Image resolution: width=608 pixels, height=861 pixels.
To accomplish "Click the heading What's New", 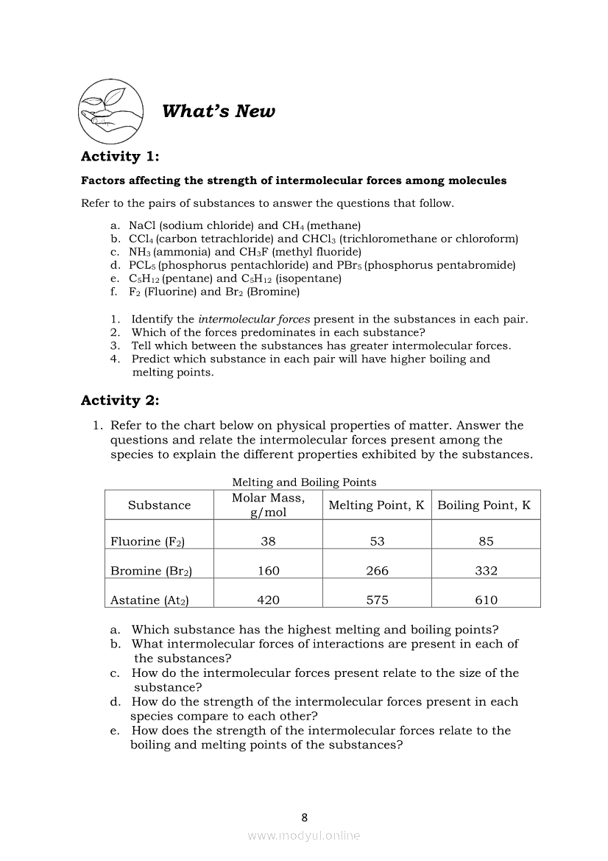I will [x=218, y=111].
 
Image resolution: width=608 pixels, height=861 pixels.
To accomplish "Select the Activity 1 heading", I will [x=120, y=156].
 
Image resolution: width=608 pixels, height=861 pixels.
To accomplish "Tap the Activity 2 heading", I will [x=120, y=401].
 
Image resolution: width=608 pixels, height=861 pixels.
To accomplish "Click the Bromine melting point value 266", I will [x=377, y=571].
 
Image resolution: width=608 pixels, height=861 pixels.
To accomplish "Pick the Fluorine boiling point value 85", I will [x=486, y=541].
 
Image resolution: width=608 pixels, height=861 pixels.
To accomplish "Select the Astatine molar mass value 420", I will [x=268, y=600].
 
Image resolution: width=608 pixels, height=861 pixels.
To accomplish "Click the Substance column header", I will [x=159, y=505].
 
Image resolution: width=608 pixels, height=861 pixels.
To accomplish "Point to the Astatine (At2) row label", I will [x=149, y=600].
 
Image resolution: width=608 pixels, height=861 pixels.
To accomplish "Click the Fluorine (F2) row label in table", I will [x=147, y=541].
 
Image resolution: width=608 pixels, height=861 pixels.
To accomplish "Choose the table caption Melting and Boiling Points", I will [x=304, y=482].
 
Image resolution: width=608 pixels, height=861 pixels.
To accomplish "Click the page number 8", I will [x=305, y=817].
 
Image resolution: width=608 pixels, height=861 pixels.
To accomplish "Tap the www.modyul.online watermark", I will [x=304, y=835].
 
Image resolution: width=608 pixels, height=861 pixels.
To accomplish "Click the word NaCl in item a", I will [x=142, y=225].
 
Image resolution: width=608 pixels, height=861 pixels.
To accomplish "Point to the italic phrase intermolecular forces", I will [x=254, y=319].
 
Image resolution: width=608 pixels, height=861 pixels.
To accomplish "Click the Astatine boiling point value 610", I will [x=486, y=600].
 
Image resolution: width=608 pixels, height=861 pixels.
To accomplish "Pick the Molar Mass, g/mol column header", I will [x=268, y=505].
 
